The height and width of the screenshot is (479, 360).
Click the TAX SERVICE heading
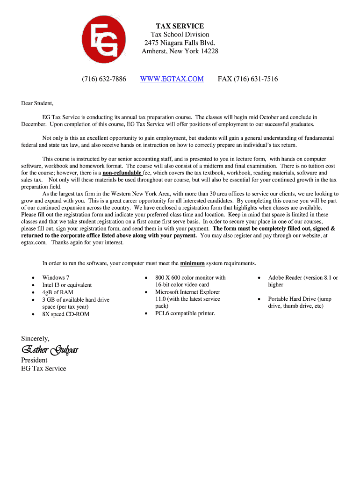click(x=180, y=26)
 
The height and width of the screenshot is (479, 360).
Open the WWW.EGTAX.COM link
click(x=172, y=79)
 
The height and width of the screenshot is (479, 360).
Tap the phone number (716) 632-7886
click(x=104, y=79)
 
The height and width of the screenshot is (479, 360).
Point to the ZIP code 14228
click(x=209, y=51)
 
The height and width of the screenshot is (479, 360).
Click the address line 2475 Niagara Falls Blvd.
click(x=180, y=43)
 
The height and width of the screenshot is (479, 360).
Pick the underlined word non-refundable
click(x=122, y=173)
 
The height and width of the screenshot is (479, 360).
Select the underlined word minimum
click(x=192, y=263)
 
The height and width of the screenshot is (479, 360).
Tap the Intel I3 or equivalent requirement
click(x=67, y=285)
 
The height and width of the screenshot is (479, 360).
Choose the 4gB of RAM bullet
click(x=58, y=292)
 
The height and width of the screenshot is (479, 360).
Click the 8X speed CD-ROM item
click(x=65, y=314)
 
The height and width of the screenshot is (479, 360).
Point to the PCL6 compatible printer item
click(x=185, y=313)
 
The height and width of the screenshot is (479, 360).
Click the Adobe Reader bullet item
click(x=302, y=278)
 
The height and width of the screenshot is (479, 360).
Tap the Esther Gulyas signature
click(x=50, y=350)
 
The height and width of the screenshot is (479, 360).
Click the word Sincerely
click(x=35, y=338)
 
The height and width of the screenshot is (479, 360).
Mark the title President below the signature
click(x=34, y=360)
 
